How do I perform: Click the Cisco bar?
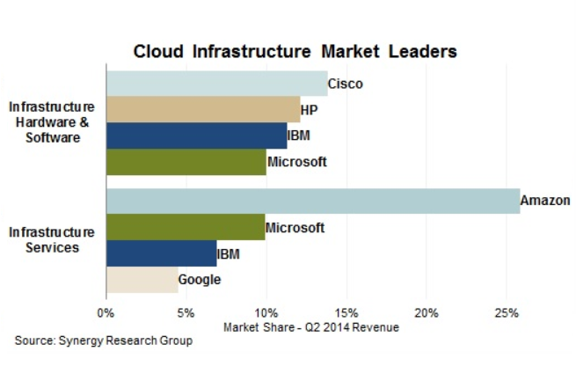[x=216, y=84]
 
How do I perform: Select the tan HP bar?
[x=203, y=110]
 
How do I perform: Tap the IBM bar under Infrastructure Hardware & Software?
[x=196, y=136]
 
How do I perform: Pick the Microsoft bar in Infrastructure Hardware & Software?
[x=186, y=162]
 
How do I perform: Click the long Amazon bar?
[x=312, y=201]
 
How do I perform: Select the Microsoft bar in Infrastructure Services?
[x=185, y=228]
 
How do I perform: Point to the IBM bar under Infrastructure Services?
[x=161, y=253]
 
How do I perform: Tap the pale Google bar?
[x=142, y=280]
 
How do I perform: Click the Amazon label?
[x=545, y=201]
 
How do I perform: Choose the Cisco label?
[x=346, y=84]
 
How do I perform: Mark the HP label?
[x=310, y=110]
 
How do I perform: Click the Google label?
[x=199, y=280]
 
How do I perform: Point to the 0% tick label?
[x=106, y=312]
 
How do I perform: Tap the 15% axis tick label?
[x=346, y=312]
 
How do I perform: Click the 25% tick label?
[x=507, y=312]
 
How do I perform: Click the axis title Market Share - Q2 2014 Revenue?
[x=311, y=327]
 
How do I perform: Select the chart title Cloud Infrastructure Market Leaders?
[x=295, y=51]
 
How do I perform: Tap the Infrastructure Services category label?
[x=51, y=239]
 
